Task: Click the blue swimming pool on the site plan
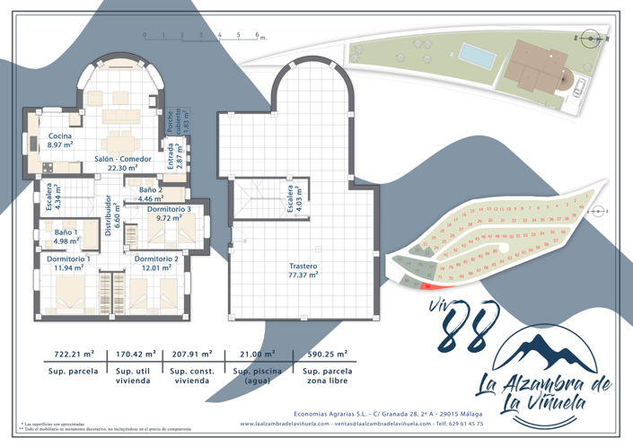477,56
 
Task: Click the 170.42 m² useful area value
136,355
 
